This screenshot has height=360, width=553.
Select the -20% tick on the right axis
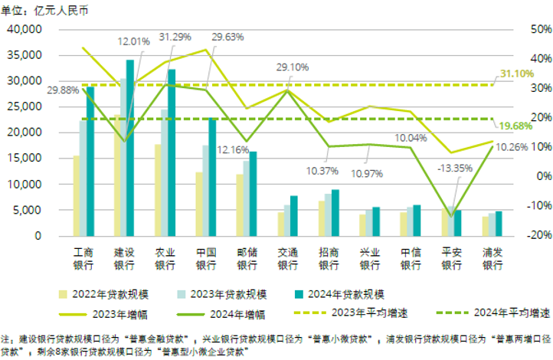(530, 236)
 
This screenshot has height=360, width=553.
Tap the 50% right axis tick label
(530, 29)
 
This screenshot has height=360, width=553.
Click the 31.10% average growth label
(517, 74)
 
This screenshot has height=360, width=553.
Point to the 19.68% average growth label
(515, 126)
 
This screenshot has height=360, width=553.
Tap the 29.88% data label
(63, 90)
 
